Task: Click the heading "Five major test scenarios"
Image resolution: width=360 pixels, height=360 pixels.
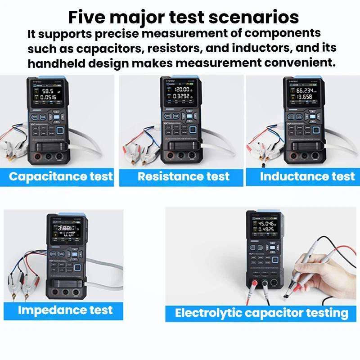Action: pos(183,17)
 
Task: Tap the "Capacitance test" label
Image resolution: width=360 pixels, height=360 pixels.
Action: pos(61,176)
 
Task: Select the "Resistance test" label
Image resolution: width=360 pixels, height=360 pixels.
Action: pos(184,176)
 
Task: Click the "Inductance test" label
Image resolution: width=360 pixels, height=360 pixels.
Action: pos(307,176)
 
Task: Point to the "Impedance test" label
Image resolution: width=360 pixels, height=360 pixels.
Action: pos(65,310)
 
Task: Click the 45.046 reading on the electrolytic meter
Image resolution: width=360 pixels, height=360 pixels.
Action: pos(266,223)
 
